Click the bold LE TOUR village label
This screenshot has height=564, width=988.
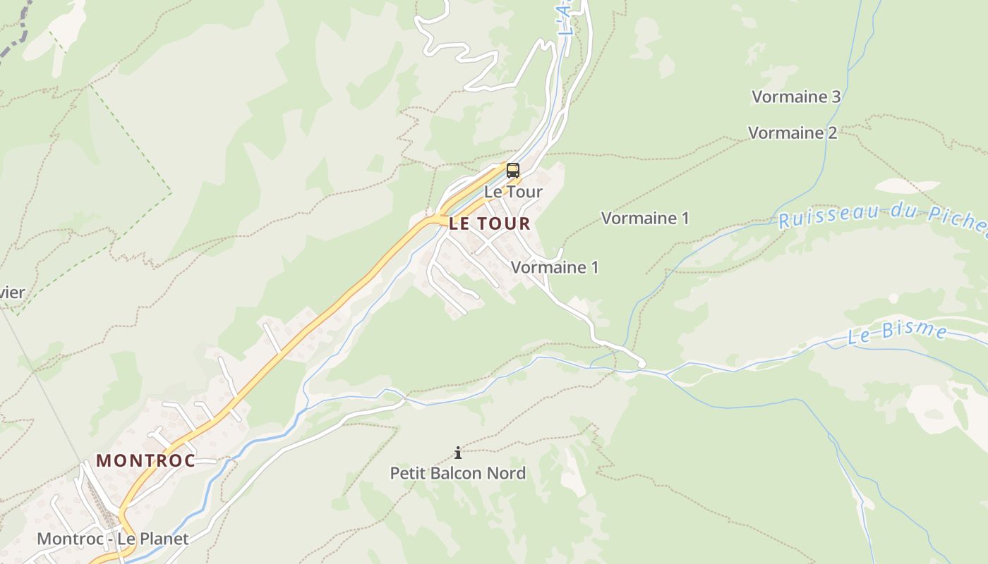[489, 224]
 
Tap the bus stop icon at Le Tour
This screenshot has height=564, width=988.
[513, 170]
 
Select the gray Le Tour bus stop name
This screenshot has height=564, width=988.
[513, 192]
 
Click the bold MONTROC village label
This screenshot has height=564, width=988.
[145, 461]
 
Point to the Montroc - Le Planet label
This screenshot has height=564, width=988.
[113, 539]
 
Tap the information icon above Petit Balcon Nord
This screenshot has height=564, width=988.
[458, 453]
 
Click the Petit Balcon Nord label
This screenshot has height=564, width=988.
[458, 473]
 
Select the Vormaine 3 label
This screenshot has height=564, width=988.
[796, 97]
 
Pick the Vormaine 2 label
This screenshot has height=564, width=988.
[793, 133]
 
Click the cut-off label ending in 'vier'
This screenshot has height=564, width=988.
[12, 293]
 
